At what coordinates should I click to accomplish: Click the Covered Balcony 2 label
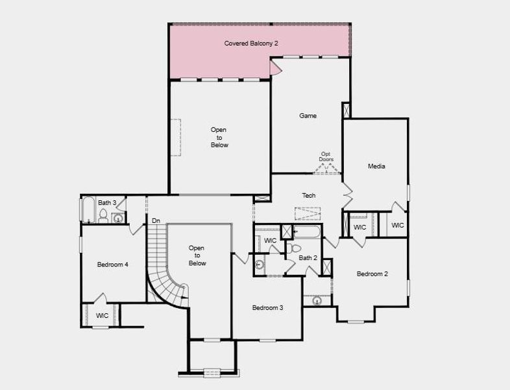point(251,44)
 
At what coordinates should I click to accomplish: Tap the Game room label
point(308,116)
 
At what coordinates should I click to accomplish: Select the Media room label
point(376,166)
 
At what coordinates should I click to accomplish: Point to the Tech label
point(309,196)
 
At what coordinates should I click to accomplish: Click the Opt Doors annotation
point(326,157)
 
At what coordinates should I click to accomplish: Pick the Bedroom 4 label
point(112,265)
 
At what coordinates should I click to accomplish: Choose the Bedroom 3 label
point(267,307)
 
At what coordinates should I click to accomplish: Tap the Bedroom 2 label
point(372,274)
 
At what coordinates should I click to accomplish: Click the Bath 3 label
point(107,203)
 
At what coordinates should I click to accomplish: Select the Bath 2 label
point(308,258)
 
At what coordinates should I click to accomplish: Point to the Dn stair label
point(156,221)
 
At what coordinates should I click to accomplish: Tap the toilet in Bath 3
point(103,216)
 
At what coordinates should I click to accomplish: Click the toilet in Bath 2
point(296,248)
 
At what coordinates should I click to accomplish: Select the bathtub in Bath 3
point(86,209)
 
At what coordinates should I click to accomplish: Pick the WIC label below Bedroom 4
point(102,315)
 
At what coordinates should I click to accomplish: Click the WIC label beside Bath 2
point(270,240)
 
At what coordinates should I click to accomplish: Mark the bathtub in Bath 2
point(307,231)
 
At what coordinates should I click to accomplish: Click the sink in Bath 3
point(117,218)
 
